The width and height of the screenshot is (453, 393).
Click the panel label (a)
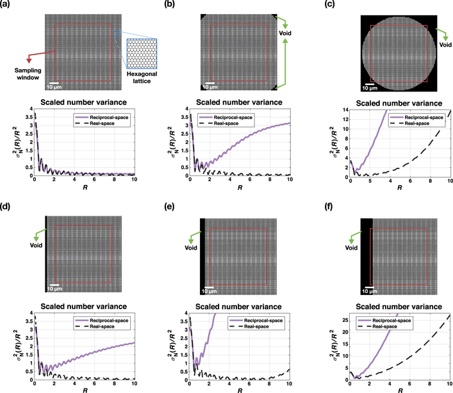point(8,4)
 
